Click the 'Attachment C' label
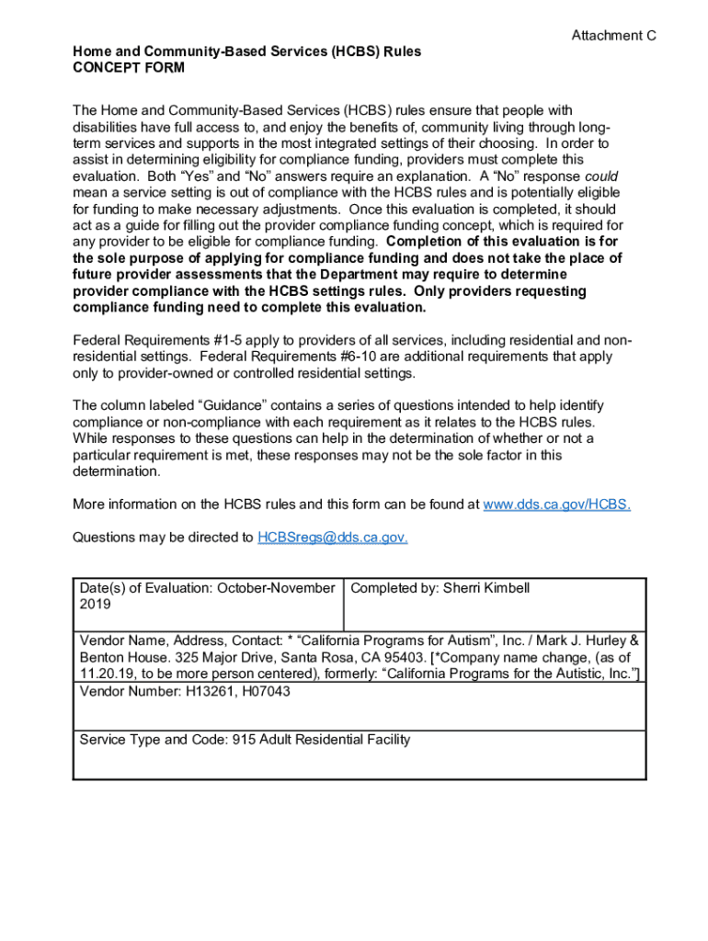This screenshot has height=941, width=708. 613,36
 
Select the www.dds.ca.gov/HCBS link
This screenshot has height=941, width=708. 556,505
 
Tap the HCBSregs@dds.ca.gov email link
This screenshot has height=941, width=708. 333,538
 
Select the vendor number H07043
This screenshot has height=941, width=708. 264,691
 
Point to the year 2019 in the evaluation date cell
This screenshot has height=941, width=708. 95,605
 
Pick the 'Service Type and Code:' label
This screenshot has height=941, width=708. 151,740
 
